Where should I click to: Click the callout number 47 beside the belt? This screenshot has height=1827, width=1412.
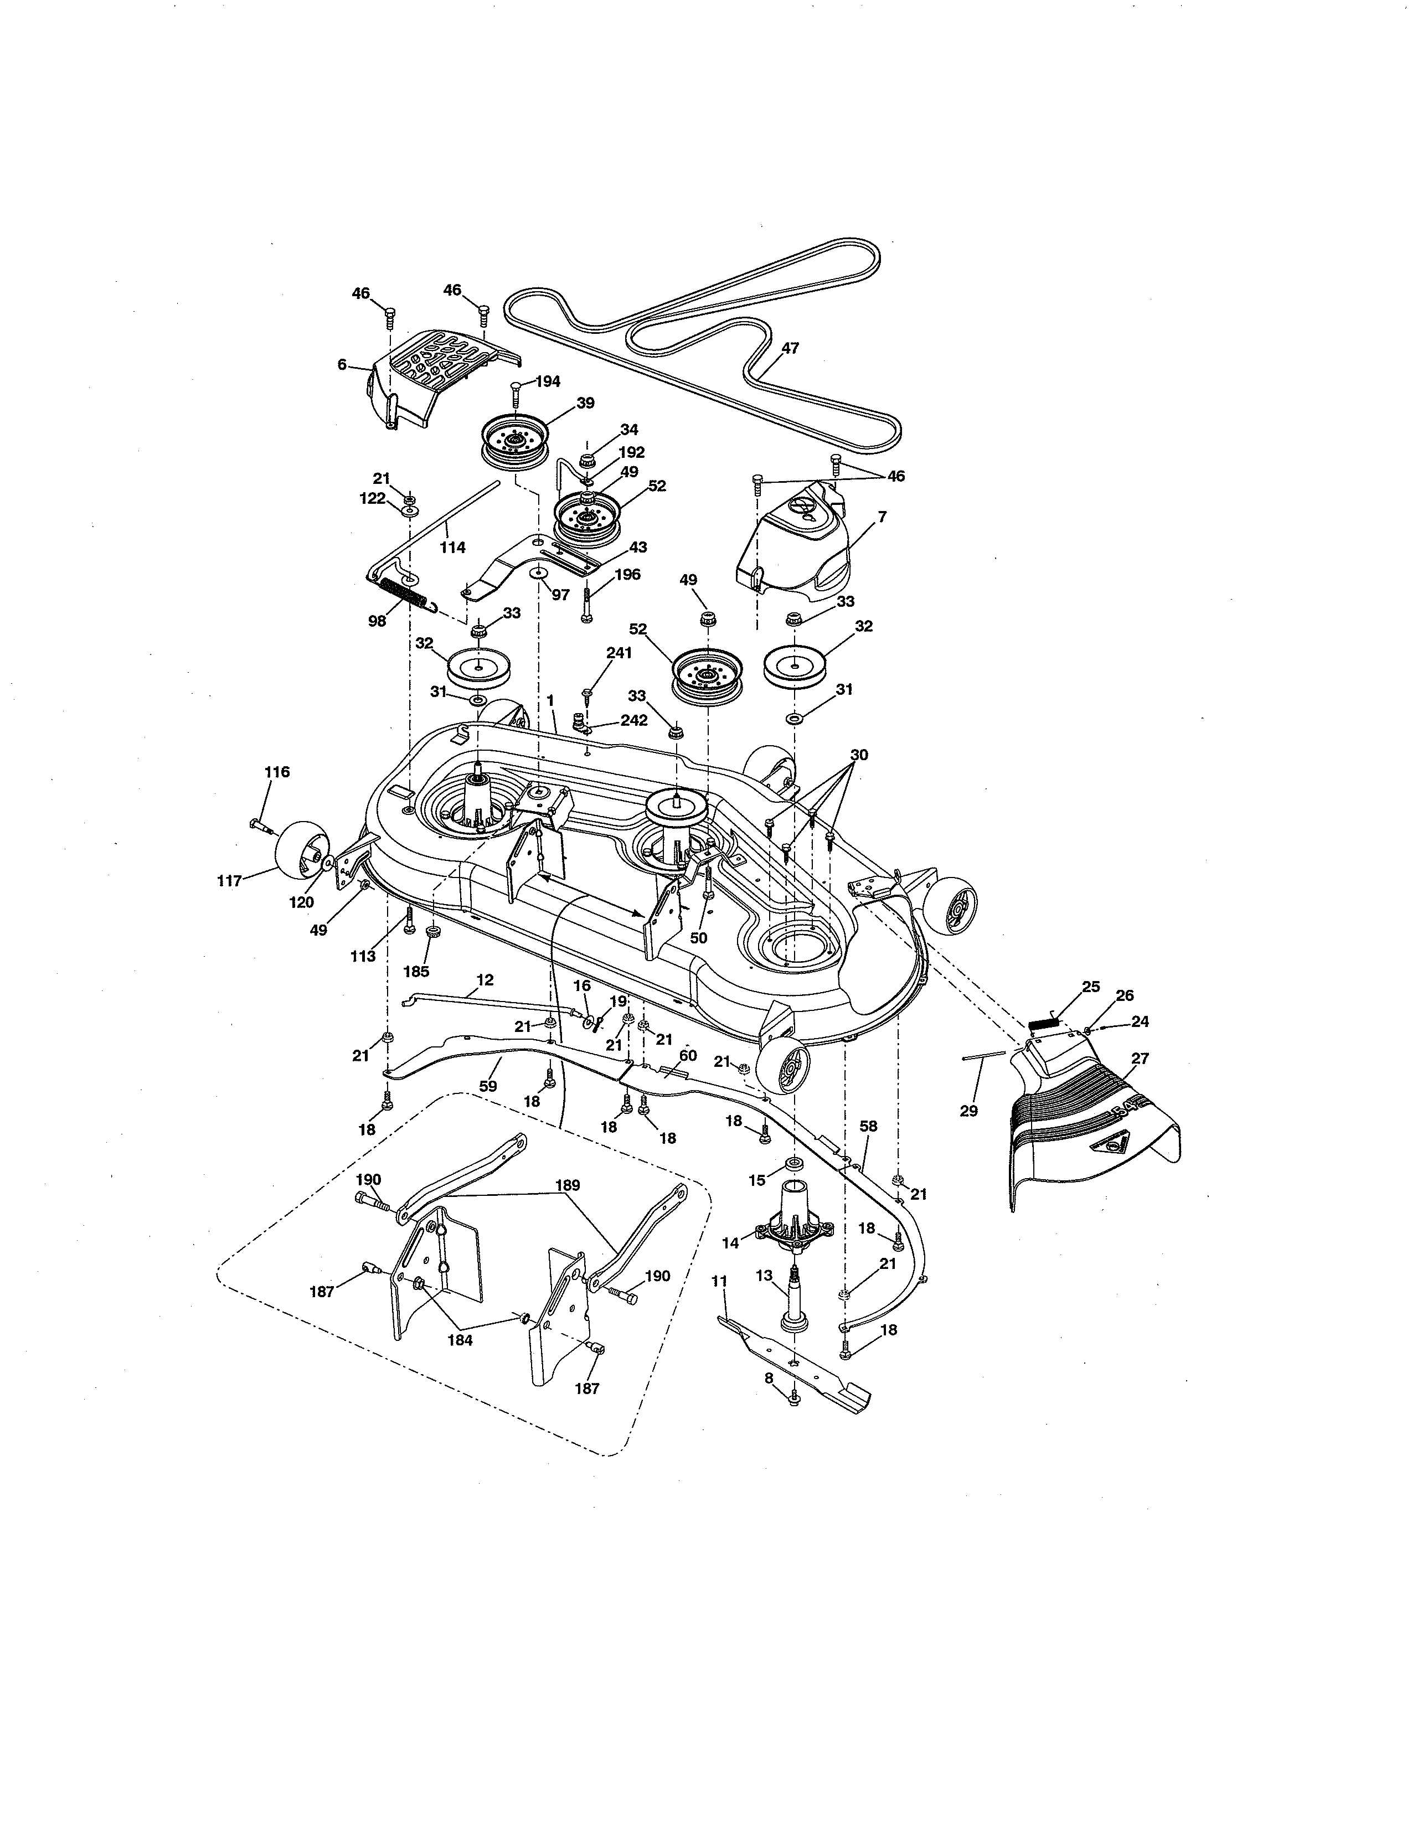click(789, 348)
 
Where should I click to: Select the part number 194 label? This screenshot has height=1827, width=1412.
click(547, 381)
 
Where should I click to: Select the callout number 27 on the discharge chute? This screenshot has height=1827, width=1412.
click(1140, 1058)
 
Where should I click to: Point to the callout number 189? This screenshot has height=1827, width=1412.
click(567, 1185)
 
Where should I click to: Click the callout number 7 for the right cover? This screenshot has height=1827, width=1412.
click(882, 517)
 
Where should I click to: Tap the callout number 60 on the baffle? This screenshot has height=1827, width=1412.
click(688, 1056)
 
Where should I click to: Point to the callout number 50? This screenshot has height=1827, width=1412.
click(698, 938)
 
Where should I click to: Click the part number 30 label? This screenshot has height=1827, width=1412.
click(859, 755)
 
